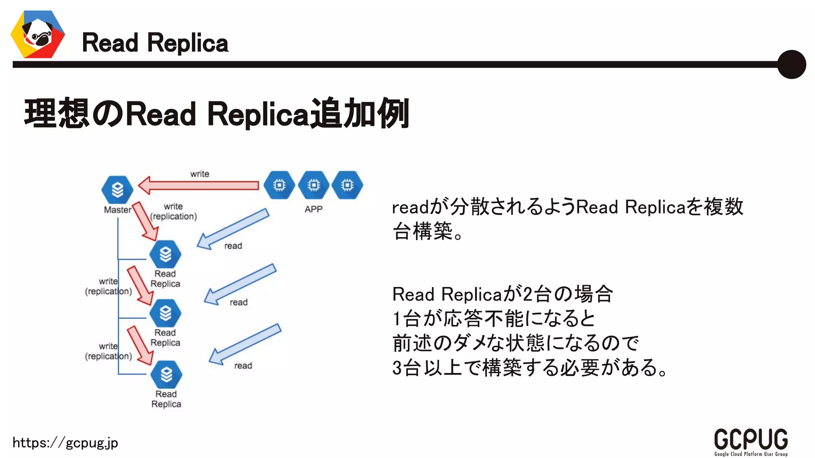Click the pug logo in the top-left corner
pyautogui.click(x=38, y=35)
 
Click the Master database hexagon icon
pyautogui.click(x=117, y=190)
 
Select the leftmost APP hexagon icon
pyautogui.click(x=279, y=185)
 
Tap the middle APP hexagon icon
pyautogui.click(x=314, y=185)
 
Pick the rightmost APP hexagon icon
pyautogui.click(x=347, y=185)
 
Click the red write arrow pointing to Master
pyautogui.click(x=199, y=186)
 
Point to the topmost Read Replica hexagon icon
pyautogui.click(x=165, y=254)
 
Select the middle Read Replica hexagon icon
pyautogui.click(x=165, y=313)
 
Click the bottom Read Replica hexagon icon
pyautogui.click(x=166, y=375)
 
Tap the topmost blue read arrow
pyautogui.click(x=233, y=229)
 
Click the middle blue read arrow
pyautogui.click(x=240, y=284)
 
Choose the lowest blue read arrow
pyautogui.click(x=245, y=344)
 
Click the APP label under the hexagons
pyautogui.click(x=314, y=210)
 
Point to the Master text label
pyautogui.click(x=117, y=210)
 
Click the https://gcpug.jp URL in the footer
pyautogui.click(x=65, y=443)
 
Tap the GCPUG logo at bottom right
pyautogui.click(x=751, y=442)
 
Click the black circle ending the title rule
pyautogui.click(x=792, y=64)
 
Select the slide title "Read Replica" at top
pyautogui.click(x=155, y=43)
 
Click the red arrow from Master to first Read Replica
pyautogui.click(x=145, y=221)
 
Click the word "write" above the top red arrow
pyautogui.click(x=199, y=174)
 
